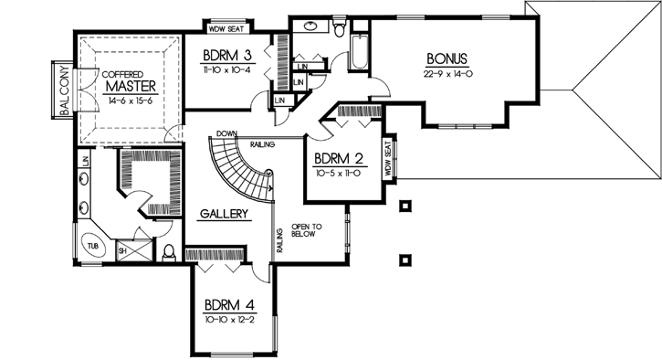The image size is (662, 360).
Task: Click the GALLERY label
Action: (224, 214)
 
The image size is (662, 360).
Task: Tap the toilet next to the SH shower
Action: (169, 250)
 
